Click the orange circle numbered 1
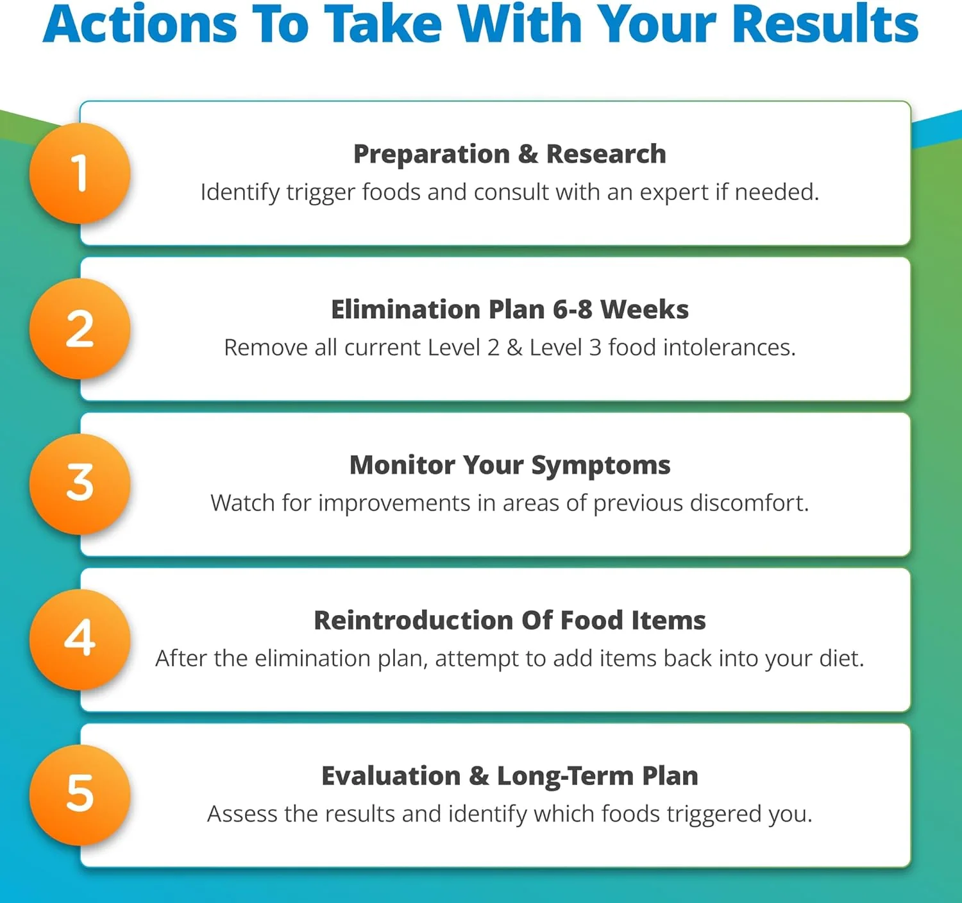tap(80, 173)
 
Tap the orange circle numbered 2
tap(80, 328)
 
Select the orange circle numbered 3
tap(80, 484)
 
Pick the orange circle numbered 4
tap(80, 639)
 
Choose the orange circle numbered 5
tap(80, 795)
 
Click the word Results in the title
tap(825, 24)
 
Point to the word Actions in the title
tap(140, 24)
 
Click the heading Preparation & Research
tap(510, 154)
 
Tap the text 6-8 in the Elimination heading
tap(572, 309)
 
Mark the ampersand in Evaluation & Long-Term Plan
tap(478, 776)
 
